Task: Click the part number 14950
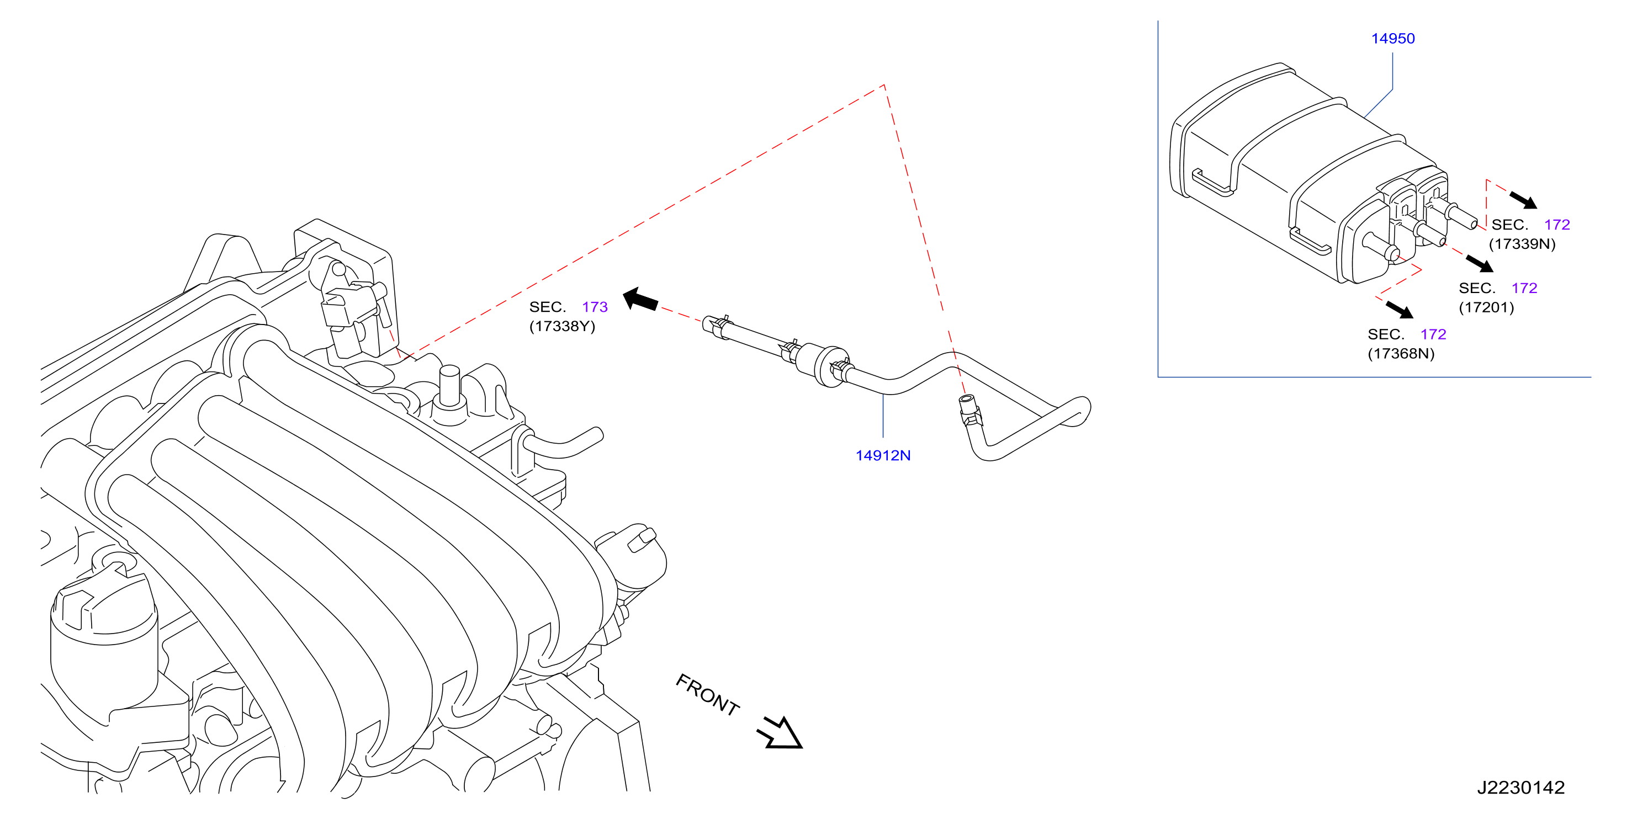1392,39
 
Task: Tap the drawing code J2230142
1520,788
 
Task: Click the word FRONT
708,694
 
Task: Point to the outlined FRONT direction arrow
781,733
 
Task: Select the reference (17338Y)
562,326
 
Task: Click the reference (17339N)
1522,244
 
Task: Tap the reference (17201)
1486,307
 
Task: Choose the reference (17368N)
1401,353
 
